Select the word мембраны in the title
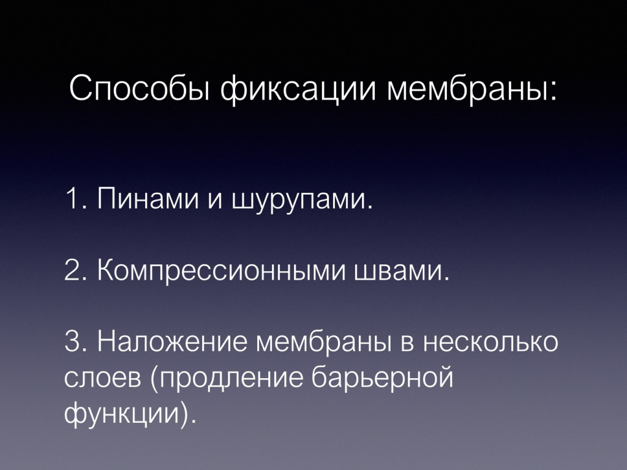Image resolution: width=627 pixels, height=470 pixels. click(468, 90)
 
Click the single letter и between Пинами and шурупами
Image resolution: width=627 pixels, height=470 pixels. click(213, 201)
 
